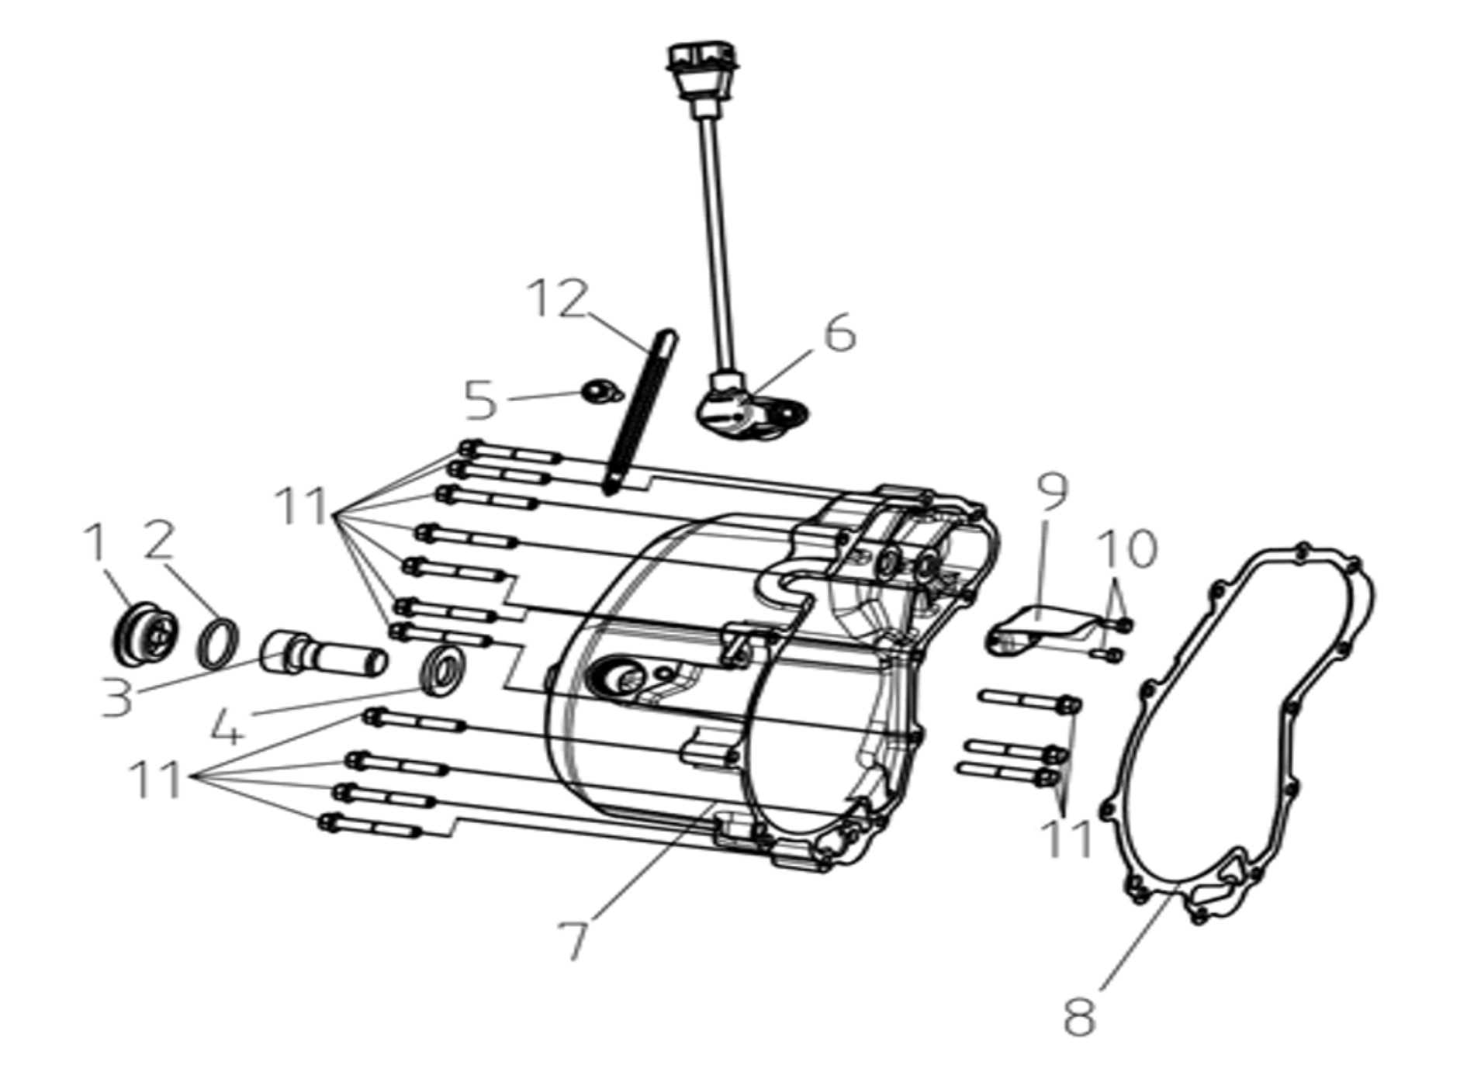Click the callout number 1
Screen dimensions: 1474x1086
click(x=96, y=543)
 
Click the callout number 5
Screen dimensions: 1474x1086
click(x=480, y=400)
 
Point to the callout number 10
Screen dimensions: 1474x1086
click(x=1128, y=549)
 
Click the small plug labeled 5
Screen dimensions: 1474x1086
click(x=601, y=392)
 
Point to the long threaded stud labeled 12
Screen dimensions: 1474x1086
click(x=639, y=413)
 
